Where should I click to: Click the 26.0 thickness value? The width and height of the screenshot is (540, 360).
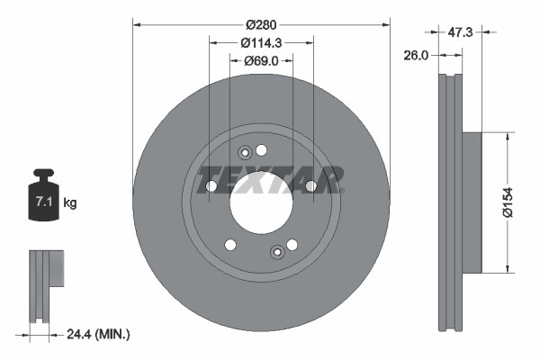tap(417, 54)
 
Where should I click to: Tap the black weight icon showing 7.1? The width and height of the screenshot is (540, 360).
tap(43, 197)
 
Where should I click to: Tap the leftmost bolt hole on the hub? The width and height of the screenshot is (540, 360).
tap(211, 186)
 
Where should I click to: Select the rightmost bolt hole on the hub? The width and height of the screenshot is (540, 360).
tap(310, 186)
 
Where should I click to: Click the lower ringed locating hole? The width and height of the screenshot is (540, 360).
tap(277, 252)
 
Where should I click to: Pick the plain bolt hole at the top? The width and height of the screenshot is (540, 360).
tap(262, 149)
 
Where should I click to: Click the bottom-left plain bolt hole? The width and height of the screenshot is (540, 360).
tap(230, 245)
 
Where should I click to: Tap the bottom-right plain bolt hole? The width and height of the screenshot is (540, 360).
tap(292, 244)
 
